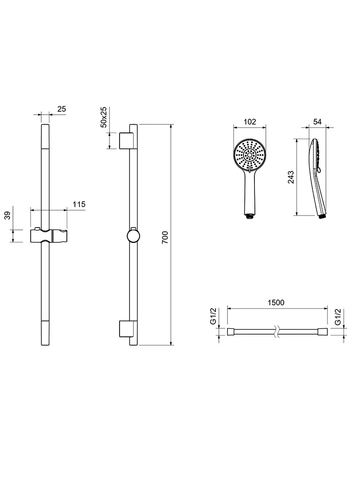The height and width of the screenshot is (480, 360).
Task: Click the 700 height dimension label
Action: click(165, 237)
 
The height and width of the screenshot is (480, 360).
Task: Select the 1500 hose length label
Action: click(276, 302)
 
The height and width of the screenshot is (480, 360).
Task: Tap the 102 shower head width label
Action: click(250, 121)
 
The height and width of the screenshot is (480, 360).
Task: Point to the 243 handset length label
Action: click(291, 177)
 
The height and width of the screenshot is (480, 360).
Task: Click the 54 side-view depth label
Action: click(317, 121)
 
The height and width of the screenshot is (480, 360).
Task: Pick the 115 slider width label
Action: click(79, 204)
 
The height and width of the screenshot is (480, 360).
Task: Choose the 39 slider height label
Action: click(7, 216)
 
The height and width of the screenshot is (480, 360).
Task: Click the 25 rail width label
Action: click(61, 109)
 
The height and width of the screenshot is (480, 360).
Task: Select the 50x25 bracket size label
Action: click(104, 117)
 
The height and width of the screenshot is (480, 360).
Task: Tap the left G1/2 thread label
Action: click(213, 316)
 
